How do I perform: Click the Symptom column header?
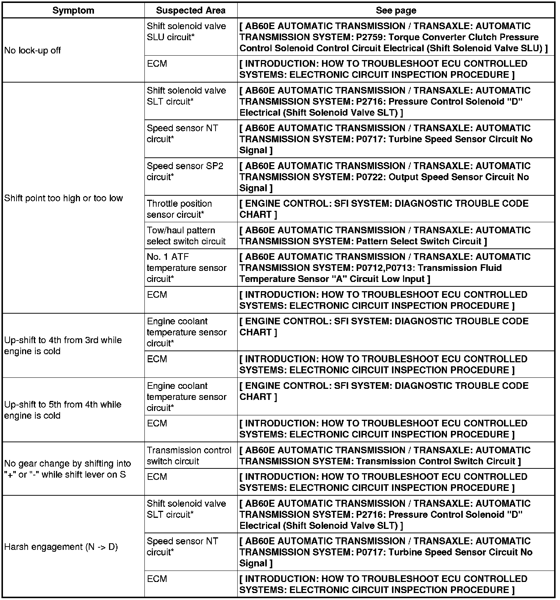(x=73, y=10)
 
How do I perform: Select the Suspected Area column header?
(x=190, y=10)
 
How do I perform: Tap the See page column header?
(x=396, y=10)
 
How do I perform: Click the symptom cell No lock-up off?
(x=32, y=50)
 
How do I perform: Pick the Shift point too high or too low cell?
(x=63, y=198)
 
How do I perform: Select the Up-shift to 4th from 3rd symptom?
(x=63, y=345)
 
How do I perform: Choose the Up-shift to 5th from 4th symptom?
(x=63, y=410)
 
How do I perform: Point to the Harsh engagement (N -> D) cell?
(x=61, y=547)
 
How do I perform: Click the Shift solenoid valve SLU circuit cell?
(x=186, y=32)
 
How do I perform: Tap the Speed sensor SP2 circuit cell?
(x=185, y=171)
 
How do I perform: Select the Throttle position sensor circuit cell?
(x=179, y=209)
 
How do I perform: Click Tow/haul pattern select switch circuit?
(x=186, y=236)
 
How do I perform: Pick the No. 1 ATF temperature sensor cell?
(x=186, y=268)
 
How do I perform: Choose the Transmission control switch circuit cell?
(x=189, y=456)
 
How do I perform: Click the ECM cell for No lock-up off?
(x=157, y=64)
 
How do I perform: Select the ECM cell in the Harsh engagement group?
(x=157, y=579)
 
